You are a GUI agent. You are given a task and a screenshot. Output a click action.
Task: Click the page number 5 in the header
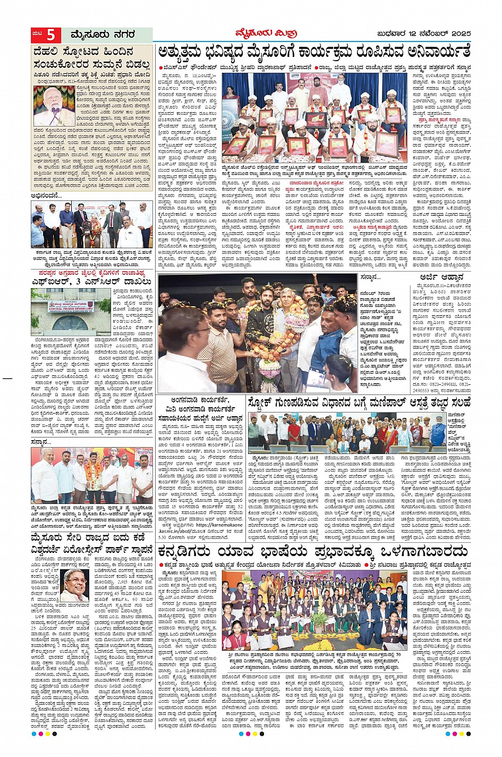point(51,36)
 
